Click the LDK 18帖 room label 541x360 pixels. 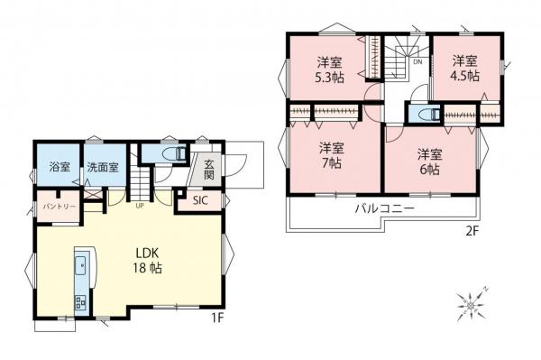147,261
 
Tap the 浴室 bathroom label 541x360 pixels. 60,167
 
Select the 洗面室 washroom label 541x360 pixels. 103,168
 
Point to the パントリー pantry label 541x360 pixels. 59,207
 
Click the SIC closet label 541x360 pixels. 200,200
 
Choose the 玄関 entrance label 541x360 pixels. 209,169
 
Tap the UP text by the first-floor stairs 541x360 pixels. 140,207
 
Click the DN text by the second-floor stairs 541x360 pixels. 417,62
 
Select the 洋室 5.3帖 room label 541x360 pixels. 329,70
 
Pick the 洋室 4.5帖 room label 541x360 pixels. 464,69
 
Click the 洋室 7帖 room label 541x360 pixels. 331,155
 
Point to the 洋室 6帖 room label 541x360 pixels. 429,162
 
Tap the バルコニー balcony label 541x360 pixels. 385,208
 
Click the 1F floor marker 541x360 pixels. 217,318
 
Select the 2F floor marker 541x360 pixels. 472,231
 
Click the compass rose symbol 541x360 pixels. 472,305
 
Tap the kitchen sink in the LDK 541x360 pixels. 80,266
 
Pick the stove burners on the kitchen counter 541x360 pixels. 80,302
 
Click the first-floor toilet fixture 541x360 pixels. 177,153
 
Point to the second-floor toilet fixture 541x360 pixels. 429,115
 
